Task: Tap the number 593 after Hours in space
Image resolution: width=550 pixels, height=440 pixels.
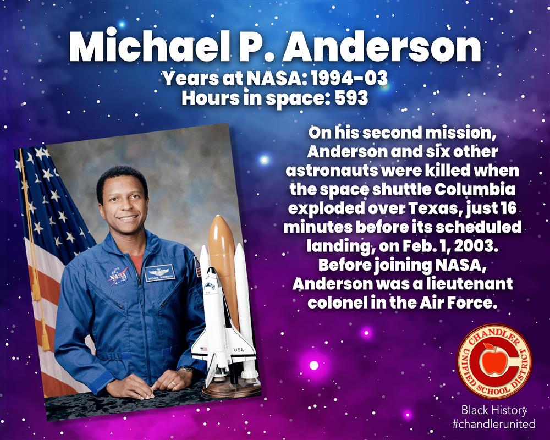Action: [352, 98]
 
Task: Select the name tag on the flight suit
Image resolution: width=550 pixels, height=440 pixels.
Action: [159, 273]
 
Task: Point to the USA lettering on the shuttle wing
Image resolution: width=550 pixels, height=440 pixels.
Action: [239, 350]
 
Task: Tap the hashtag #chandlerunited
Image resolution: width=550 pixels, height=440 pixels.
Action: [494, 424]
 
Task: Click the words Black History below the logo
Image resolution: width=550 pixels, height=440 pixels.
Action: [494, 410]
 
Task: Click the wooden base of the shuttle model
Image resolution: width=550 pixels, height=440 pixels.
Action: [232, 388]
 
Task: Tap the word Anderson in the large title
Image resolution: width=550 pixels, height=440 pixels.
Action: [382, 46]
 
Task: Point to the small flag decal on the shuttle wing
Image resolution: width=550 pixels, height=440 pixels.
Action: [204, 349]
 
